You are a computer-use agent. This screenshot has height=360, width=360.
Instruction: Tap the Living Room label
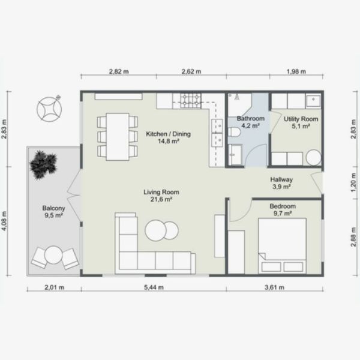click(161, 193)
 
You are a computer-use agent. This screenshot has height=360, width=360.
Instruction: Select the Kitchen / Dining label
click(168, 134)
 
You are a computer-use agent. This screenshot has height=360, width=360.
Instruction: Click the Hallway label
click(281, 179)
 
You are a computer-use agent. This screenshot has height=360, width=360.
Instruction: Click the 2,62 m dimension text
click(191, 71)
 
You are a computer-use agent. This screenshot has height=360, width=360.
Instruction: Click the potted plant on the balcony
click(44, 163)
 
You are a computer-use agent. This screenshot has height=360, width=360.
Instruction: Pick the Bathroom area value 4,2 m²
click(250, 127)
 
